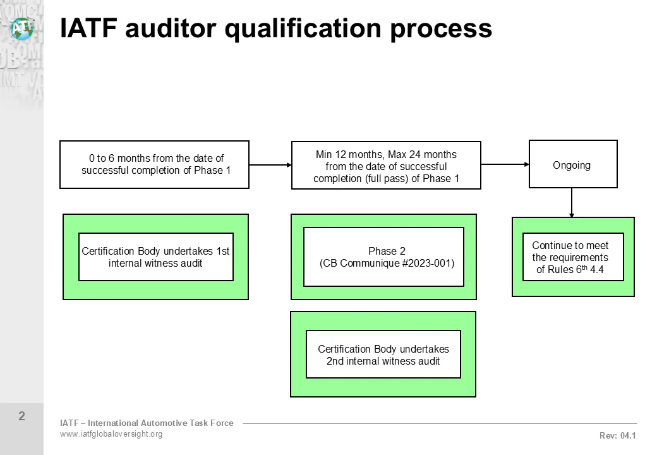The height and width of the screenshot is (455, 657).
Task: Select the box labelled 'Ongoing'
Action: [572, 165]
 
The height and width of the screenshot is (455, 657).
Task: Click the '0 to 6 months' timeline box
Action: [154, 164]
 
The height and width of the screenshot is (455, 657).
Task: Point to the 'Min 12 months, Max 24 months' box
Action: [386, 166]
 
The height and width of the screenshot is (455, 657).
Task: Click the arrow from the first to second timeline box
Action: [270, 165]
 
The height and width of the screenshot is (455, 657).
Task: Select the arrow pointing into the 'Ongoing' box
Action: [505, 164]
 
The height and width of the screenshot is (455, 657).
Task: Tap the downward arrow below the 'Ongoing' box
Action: [572, 203]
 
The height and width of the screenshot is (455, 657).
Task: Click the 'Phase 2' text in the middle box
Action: [387, 251]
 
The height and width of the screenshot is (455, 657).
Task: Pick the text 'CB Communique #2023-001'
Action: [387, 264]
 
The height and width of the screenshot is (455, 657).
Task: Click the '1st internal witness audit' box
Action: [155, 257]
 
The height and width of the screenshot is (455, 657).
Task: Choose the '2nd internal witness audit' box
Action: [383, 355]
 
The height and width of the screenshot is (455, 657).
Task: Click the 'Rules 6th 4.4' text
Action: [570, 270]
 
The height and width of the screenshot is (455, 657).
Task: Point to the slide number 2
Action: [21, 416]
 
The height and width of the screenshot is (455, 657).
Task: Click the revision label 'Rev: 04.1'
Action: [617, 435]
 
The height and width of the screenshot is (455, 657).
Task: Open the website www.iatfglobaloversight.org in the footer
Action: [111, 434]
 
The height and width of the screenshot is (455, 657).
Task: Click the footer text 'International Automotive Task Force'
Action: [164, 423]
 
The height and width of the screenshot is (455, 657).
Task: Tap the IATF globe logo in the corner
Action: [21, 27]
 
